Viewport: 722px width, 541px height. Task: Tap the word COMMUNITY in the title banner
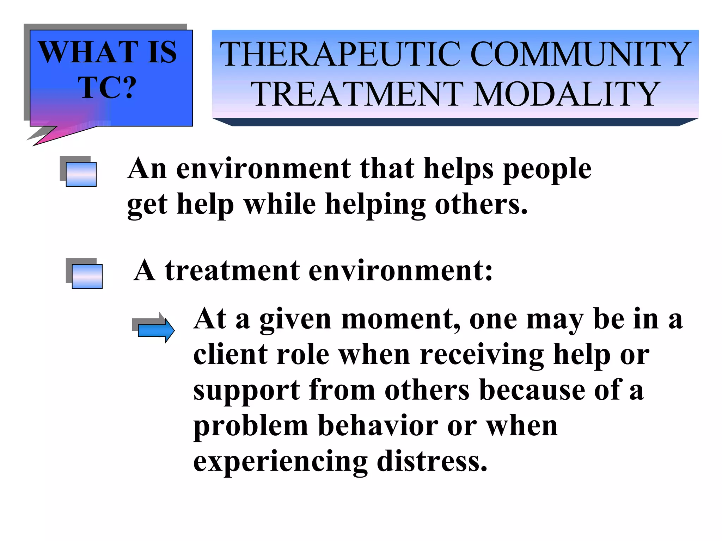pos(580,54)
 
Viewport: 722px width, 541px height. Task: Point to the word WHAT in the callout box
pos(88,52)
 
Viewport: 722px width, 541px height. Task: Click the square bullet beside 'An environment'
pos(81,174)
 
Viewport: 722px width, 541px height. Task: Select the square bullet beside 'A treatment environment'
pos(87,276)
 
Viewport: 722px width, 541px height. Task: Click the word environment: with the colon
pos(400,271)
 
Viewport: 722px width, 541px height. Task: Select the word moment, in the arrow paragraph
pos(400,319)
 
